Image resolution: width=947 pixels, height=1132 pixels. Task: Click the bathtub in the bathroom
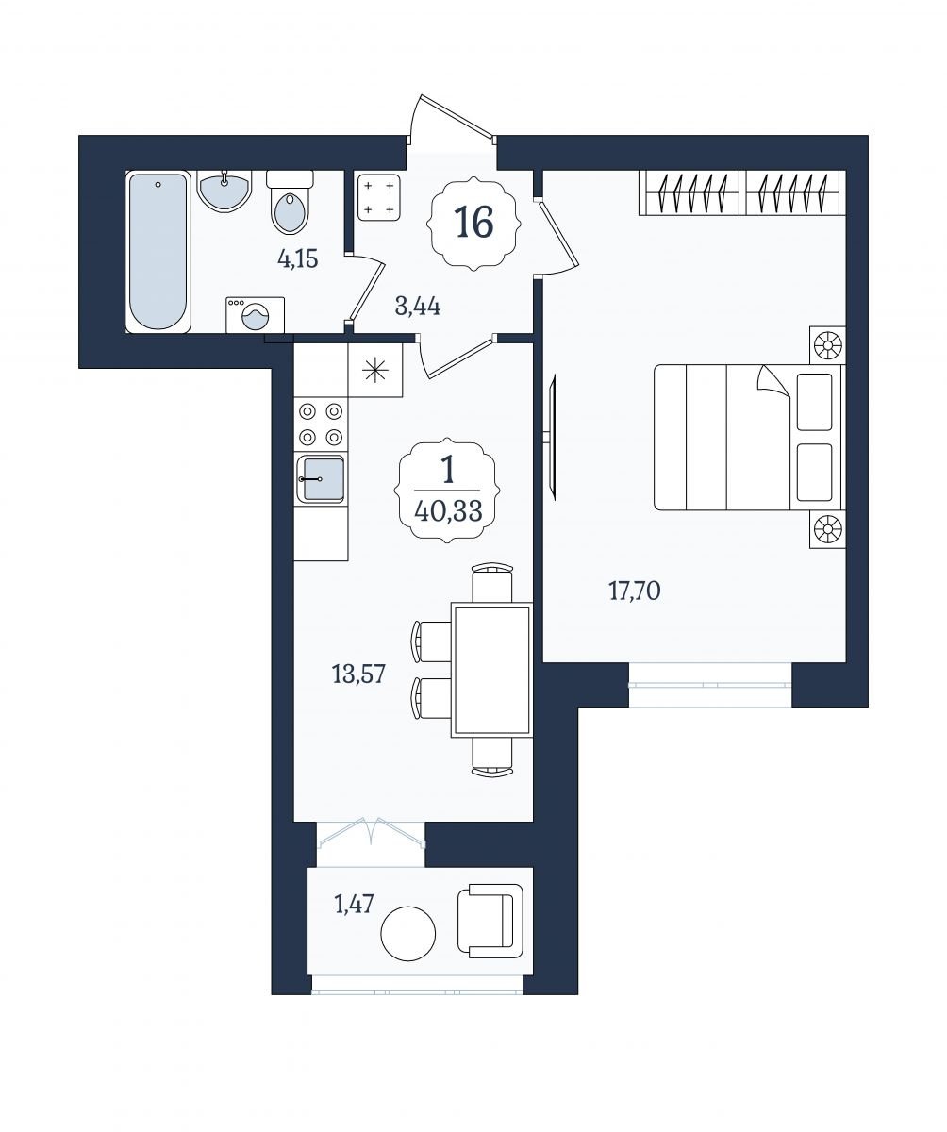pos(158,251)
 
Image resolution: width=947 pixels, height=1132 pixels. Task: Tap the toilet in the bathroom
pos(290,201)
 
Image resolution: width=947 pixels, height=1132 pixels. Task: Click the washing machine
pos(256,314)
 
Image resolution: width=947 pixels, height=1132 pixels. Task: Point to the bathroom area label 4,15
pos(298,259)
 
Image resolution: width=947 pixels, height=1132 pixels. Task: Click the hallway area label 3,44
pos(418,308)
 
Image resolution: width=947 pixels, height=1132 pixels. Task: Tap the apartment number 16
pos(474,223)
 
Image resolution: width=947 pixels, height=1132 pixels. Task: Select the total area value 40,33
pos(448,510)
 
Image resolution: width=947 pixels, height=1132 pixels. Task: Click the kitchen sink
pos(321,478)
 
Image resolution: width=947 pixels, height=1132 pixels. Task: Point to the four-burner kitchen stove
pos(321,424)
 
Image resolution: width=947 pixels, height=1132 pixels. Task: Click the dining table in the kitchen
pos(491,670)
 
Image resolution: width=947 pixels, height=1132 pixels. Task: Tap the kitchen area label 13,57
pos(358,675)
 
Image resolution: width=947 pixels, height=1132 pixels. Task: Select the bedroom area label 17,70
pos(635,591)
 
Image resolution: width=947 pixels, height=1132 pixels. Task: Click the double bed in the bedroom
pos(749,438)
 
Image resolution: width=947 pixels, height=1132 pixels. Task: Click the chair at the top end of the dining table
pos(492,583)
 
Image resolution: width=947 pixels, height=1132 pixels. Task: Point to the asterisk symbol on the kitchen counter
pos(375,372)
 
